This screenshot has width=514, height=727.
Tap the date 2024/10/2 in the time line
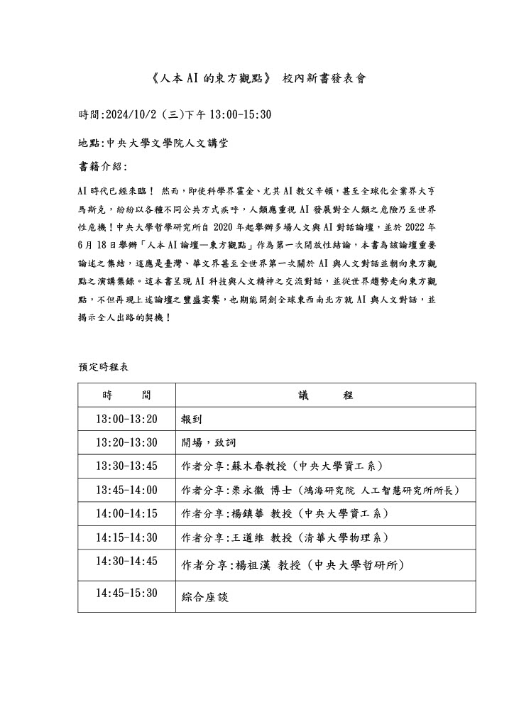point(132,114)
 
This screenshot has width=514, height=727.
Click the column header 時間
point(126,395)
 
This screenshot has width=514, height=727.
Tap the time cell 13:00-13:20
point(126,419)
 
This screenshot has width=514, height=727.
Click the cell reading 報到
point(192,419)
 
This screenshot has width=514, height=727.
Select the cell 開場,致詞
point(205,442)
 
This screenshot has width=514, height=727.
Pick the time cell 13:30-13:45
point(126,466)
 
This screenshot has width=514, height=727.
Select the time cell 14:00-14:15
point(126,513)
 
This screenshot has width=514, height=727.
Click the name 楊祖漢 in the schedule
point(250,565)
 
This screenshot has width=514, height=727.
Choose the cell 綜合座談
point(205,598)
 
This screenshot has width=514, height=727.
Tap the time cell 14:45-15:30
point(126,593)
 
